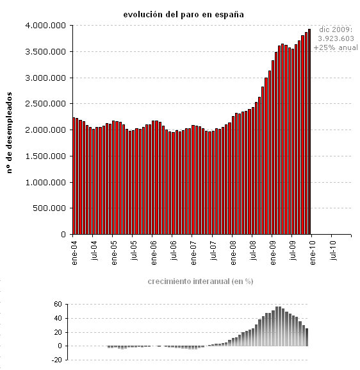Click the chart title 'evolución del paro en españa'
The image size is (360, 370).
(183, 13)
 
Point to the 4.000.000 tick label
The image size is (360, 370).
(47, 26)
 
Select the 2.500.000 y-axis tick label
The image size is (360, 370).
(47, 104)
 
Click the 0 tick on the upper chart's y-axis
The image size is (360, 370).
(64, 235)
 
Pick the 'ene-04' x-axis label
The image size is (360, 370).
(74, 251)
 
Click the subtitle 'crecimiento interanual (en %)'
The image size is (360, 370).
(200, 282)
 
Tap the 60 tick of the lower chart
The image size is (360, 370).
(57, 305)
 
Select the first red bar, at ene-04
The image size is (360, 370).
(74, 176)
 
